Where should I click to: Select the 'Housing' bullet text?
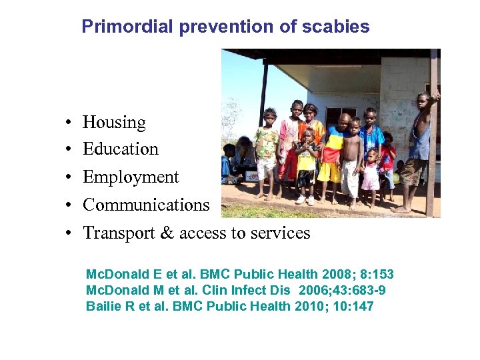(x=114, y=123)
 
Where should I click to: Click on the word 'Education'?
(x=121, y=149)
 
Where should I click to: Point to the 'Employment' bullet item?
(x=131, y=177)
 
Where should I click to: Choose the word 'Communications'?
(x=146, y=205)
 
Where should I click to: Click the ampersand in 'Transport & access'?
(x=167, y=233)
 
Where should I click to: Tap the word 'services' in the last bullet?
(x=283, y=233)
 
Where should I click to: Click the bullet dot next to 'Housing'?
(x=69, y=124)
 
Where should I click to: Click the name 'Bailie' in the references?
(x=103, y=307)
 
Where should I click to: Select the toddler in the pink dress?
(x=370, y=173)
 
